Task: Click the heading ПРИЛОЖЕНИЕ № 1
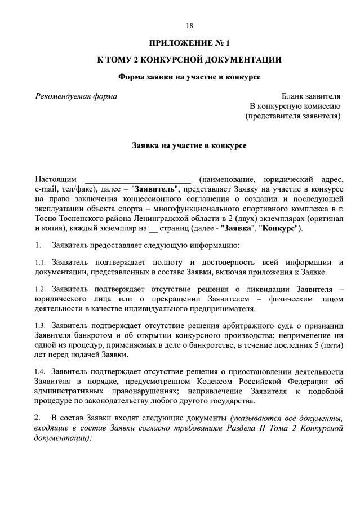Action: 189,43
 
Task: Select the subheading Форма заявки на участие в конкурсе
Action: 189,77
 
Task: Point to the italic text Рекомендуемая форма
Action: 76,96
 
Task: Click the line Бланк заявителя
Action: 311,96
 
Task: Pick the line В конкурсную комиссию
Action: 295,106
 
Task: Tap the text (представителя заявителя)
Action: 293,116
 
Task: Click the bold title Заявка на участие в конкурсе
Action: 189,145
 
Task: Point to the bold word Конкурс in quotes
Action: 280,229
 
